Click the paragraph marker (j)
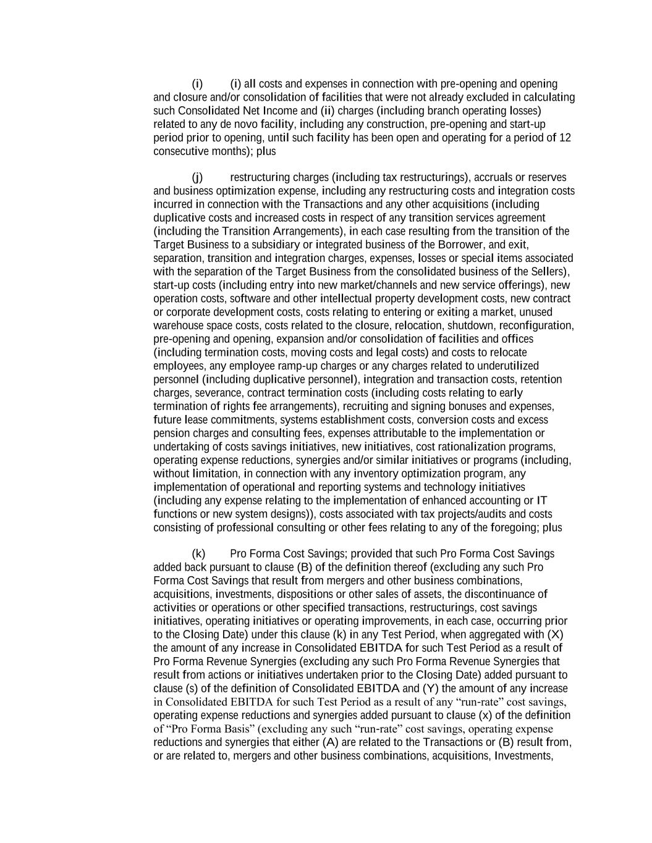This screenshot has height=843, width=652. click(197, 178)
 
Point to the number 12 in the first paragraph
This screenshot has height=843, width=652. click(565, 138)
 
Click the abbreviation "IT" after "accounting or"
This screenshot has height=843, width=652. click(541, 501)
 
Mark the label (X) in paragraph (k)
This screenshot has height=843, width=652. click(555, 635)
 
